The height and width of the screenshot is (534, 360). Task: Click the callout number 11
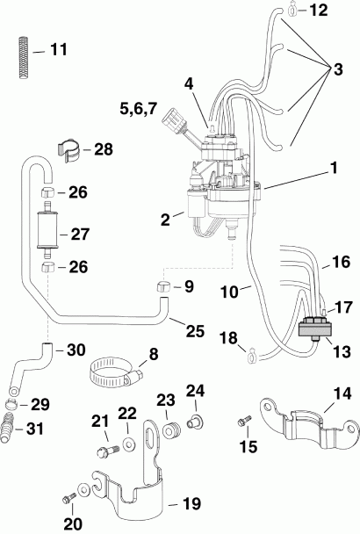click(58, 49)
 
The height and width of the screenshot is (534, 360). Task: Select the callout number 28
click(104, 150)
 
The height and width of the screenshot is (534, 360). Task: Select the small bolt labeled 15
click(244, 424)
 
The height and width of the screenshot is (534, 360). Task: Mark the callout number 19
click(190, 503)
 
